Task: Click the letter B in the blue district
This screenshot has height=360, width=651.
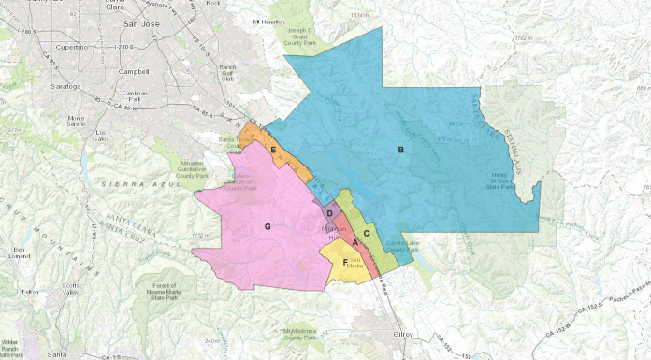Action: tap(400, 150)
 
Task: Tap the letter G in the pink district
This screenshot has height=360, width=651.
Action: tap(268, 227)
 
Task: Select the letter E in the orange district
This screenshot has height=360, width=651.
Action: tap(272, 150)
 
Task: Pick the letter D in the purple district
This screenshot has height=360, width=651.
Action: tap(329, 214)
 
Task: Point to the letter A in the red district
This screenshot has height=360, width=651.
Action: tap(354, 244)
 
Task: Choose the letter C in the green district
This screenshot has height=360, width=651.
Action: tap(367, 232)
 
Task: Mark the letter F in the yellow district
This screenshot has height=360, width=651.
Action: tap(346, 262)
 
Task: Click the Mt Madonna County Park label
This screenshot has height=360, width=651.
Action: tap(300, 333)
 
